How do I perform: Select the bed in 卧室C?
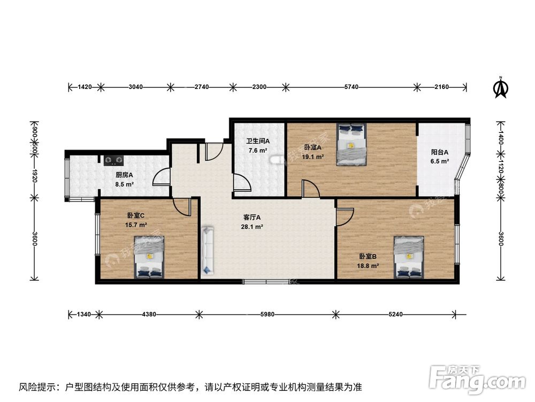149,258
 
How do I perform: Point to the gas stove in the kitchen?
113,159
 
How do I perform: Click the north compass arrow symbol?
500,88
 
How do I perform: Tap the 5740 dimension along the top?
350,87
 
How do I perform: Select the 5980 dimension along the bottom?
267,315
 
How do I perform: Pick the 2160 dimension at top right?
441,87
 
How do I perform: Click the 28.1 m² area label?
251,227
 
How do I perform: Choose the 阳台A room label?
439,152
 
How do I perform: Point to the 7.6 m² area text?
258,151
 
